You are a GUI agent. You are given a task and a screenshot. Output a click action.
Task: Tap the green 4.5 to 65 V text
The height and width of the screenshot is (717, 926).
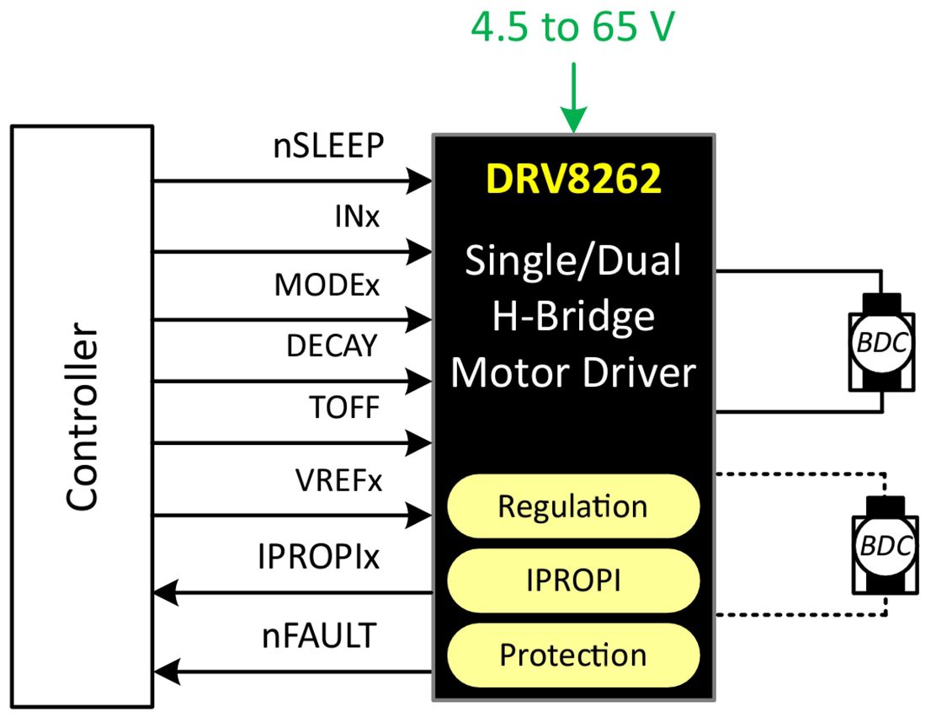[x=572, y=29]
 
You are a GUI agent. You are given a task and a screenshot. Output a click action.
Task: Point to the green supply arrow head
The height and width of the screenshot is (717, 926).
[x=573, y=123]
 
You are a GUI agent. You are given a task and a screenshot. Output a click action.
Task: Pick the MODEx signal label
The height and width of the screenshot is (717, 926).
[x=327, y=286]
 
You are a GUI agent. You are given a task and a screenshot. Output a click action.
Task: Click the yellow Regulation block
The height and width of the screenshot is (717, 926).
[x=573, y=506]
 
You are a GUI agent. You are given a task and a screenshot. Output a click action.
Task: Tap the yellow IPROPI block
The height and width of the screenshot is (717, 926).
[x=573, y=581]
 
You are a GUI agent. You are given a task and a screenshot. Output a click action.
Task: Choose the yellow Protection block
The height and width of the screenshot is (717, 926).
[x=573, y=655]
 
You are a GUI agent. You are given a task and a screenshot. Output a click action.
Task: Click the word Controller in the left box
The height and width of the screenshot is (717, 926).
[x=82, y=417]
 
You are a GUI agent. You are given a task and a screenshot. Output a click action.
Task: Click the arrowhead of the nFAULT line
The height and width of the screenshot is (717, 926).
[x=166, y=672]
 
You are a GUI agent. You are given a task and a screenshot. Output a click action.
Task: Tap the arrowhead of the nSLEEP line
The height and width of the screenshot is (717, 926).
[x=419, y=180]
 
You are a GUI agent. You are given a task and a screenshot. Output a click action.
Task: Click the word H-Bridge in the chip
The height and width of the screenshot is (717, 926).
[x=573, y=317]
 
